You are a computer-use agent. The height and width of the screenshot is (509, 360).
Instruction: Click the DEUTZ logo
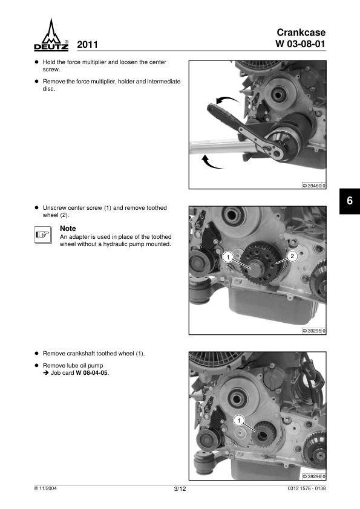pos(51,34)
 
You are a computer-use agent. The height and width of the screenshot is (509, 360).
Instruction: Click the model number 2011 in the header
pos(87,45)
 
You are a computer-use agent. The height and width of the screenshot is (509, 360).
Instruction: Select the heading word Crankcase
pos(301,33)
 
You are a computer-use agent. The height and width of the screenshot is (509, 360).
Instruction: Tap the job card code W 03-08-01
pos(300,44)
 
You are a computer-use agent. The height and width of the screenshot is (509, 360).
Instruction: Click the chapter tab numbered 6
pos(350,201)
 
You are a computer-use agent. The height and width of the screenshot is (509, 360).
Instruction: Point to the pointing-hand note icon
pos(43,235)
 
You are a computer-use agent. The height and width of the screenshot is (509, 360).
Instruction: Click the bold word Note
pos(68,229)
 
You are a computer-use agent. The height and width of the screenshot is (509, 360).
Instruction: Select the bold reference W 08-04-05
pos(91,373)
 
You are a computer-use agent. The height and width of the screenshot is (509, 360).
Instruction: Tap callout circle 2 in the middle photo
pos(292,256)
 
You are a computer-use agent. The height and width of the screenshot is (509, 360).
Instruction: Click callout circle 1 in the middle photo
pos(228,258)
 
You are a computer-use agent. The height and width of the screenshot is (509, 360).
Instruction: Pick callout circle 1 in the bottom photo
pos(239,421)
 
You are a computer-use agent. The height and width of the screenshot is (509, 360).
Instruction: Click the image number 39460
pos(314,186)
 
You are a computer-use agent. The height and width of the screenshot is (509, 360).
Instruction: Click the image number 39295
pos(314,331)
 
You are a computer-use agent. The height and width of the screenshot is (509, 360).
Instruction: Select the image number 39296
pos(314,476)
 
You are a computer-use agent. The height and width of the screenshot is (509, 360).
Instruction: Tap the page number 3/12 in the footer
pos(180,489)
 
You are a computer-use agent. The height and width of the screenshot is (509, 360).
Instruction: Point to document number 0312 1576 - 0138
pos(306,488)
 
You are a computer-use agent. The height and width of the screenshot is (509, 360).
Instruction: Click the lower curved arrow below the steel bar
pos(211,163)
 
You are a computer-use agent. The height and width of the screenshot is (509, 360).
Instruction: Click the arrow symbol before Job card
pos(46,373)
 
